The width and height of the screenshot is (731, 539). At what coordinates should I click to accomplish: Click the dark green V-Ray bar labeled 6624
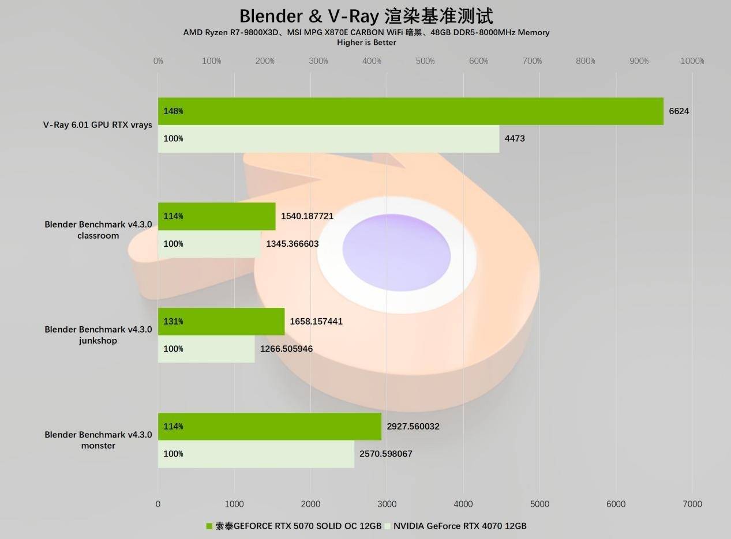411,111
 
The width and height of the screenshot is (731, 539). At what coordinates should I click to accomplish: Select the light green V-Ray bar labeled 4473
329,138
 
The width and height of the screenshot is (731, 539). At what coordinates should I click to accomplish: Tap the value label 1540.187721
307,216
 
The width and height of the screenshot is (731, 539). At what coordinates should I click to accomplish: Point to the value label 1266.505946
286,349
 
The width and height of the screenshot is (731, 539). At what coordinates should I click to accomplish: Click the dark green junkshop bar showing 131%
221,321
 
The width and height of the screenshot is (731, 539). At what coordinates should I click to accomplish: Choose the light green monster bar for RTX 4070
256,454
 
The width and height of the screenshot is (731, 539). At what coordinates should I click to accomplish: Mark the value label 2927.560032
413,427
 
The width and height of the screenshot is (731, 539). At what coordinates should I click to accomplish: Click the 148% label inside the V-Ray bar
173,111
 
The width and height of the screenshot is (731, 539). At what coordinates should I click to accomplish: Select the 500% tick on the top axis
425,61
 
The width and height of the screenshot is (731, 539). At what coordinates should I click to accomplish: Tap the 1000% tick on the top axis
692,61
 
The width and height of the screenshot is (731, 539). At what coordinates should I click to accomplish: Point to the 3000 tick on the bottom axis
387,504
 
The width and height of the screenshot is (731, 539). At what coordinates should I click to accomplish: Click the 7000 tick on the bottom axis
692,504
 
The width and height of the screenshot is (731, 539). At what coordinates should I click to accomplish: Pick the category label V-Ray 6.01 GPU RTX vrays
98,125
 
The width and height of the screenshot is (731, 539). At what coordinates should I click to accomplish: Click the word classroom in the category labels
98,236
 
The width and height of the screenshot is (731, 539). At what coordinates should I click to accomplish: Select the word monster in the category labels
98,446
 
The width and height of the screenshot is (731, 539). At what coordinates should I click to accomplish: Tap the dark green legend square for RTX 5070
209,526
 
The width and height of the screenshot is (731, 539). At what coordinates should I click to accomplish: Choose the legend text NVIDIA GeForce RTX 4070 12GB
460,526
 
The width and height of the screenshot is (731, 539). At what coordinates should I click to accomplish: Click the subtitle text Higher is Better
366,43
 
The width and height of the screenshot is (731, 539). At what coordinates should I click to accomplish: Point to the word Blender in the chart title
271,16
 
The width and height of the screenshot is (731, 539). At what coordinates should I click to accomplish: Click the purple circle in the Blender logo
396,252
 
